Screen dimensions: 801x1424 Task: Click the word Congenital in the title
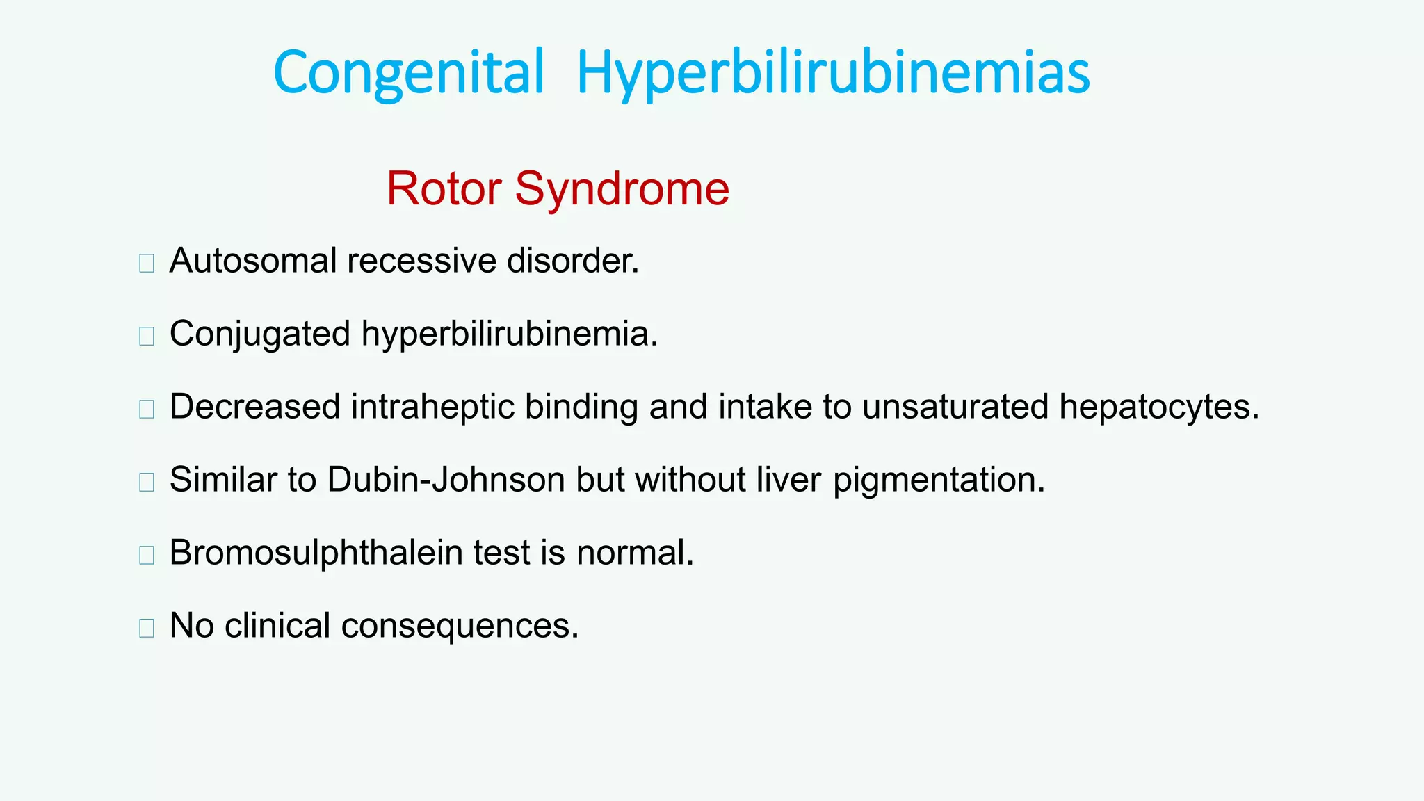pos(408,72)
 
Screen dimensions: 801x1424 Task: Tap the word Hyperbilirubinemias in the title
pos(833,74)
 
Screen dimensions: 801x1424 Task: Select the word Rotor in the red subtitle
pos(444,188)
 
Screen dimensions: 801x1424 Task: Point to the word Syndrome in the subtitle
pos(622,190)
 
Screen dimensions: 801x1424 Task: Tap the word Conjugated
pos(260,334)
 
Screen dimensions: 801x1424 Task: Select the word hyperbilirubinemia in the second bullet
pos(508,334)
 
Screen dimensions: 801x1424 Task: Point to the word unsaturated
pos(955,407)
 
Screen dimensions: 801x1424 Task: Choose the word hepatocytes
pos(1158,407)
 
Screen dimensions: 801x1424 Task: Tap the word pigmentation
pos(939,480)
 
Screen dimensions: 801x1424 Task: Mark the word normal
pos(634,553)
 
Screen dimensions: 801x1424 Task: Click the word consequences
pos(460,625)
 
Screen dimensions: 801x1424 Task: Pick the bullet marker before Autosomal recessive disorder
pos(146,264)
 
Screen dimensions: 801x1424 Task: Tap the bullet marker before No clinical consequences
pos(146,628)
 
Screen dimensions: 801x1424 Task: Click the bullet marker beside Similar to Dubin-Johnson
pos(146,482)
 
